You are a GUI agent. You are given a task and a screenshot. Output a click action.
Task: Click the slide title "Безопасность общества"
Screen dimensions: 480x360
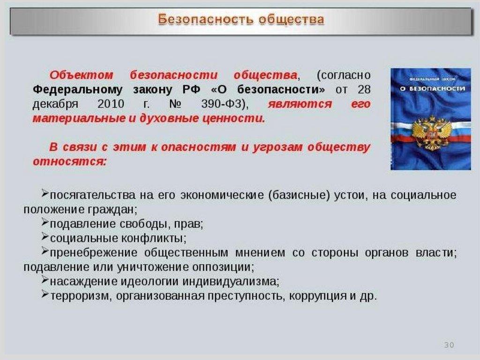[x=241, y=19]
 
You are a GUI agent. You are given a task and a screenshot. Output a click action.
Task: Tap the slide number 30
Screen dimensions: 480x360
[x=449, y=345]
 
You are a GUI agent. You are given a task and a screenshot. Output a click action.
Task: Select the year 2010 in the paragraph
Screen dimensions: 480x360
[x=111, y=104]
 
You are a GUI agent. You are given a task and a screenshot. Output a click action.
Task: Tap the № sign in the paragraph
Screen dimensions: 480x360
[x=175, y=104]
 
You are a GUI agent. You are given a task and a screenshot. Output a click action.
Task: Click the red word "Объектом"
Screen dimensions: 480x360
[x=82, y=75]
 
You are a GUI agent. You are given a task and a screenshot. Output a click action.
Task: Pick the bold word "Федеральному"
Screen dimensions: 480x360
[x=77, y=90]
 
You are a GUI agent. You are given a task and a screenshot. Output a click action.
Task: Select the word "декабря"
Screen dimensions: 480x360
[x=55, y=105]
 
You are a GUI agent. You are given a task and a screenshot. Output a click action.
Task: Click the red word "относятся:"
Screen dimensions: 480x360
[x=69, y=161]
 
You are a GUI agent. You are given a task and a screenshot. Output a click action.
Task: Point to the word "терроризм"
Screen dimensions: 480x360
[x=79, y=296]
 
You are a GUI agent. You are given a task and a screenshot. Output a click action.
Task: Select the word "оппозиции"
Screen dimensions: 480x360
[x=223, y=267]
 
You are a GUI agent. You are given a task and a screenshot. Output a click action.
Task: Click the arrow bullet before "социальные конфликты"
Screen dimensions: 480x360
[x=45, y=236]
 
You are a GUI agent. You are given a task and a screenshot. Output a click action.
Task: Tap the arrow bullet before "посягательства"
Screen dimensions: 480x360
[x=45, y=193]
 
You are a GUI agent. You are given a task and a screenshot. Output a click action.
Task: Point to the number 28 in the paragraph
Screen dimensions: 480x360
[x=364, y=90]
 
